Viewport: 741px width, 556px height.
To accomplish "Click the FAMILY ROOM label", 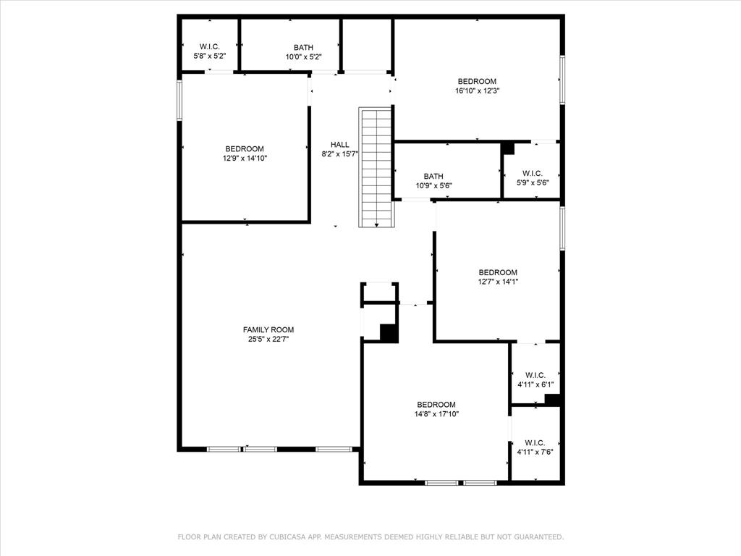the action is [268, 329].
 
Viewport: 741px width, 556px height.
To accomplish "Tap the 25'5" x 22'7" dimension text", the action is [268, 339].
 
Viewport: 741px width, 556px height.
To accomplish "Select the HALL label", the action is [340, 145].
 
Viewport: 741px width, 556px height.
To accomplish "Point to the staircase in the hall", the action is [376, 167].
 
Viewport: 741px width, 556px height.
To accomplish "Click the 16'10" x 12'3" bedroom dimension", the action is [478, 90].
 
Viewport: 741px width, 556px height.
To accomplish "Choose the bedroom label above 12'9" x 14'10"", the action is [245, 149].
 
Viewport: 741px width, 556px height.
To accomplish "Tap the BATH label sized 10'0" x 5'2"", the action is [303, 47].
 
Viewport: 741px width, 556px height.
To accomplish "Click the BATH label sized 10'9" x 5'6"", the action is [433, 177].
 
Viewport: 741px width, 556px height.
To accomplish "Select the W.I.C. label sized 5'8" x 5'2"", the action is [209, 46].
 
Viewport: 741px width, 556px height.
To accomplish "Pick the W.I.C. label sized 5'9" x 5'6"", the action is [533, 174].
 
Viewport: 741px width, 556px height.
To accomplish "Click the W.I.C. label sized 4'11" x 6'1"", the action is [535, 376].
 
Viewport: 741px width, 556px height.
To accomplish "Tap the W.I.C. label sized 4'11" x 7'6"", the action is [535, 443].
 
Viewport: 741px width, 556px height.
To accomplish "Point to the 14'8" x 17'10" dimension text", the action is [436, 414].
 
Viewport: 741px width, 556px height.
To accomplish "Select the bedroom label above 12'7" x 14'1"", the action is [498, 272].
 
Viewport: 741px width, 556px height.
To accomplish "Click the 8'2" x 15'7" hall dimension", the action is [340, 153].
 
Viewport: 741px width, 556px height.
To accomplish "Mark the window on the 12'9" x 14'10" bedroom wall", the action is [179, 100].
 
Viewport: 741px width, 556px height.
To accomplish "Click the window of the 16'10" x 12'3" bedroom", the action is [562, 80].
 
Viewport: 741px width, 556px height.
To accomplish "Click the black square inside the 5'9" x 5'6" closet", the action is [507, 148].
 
